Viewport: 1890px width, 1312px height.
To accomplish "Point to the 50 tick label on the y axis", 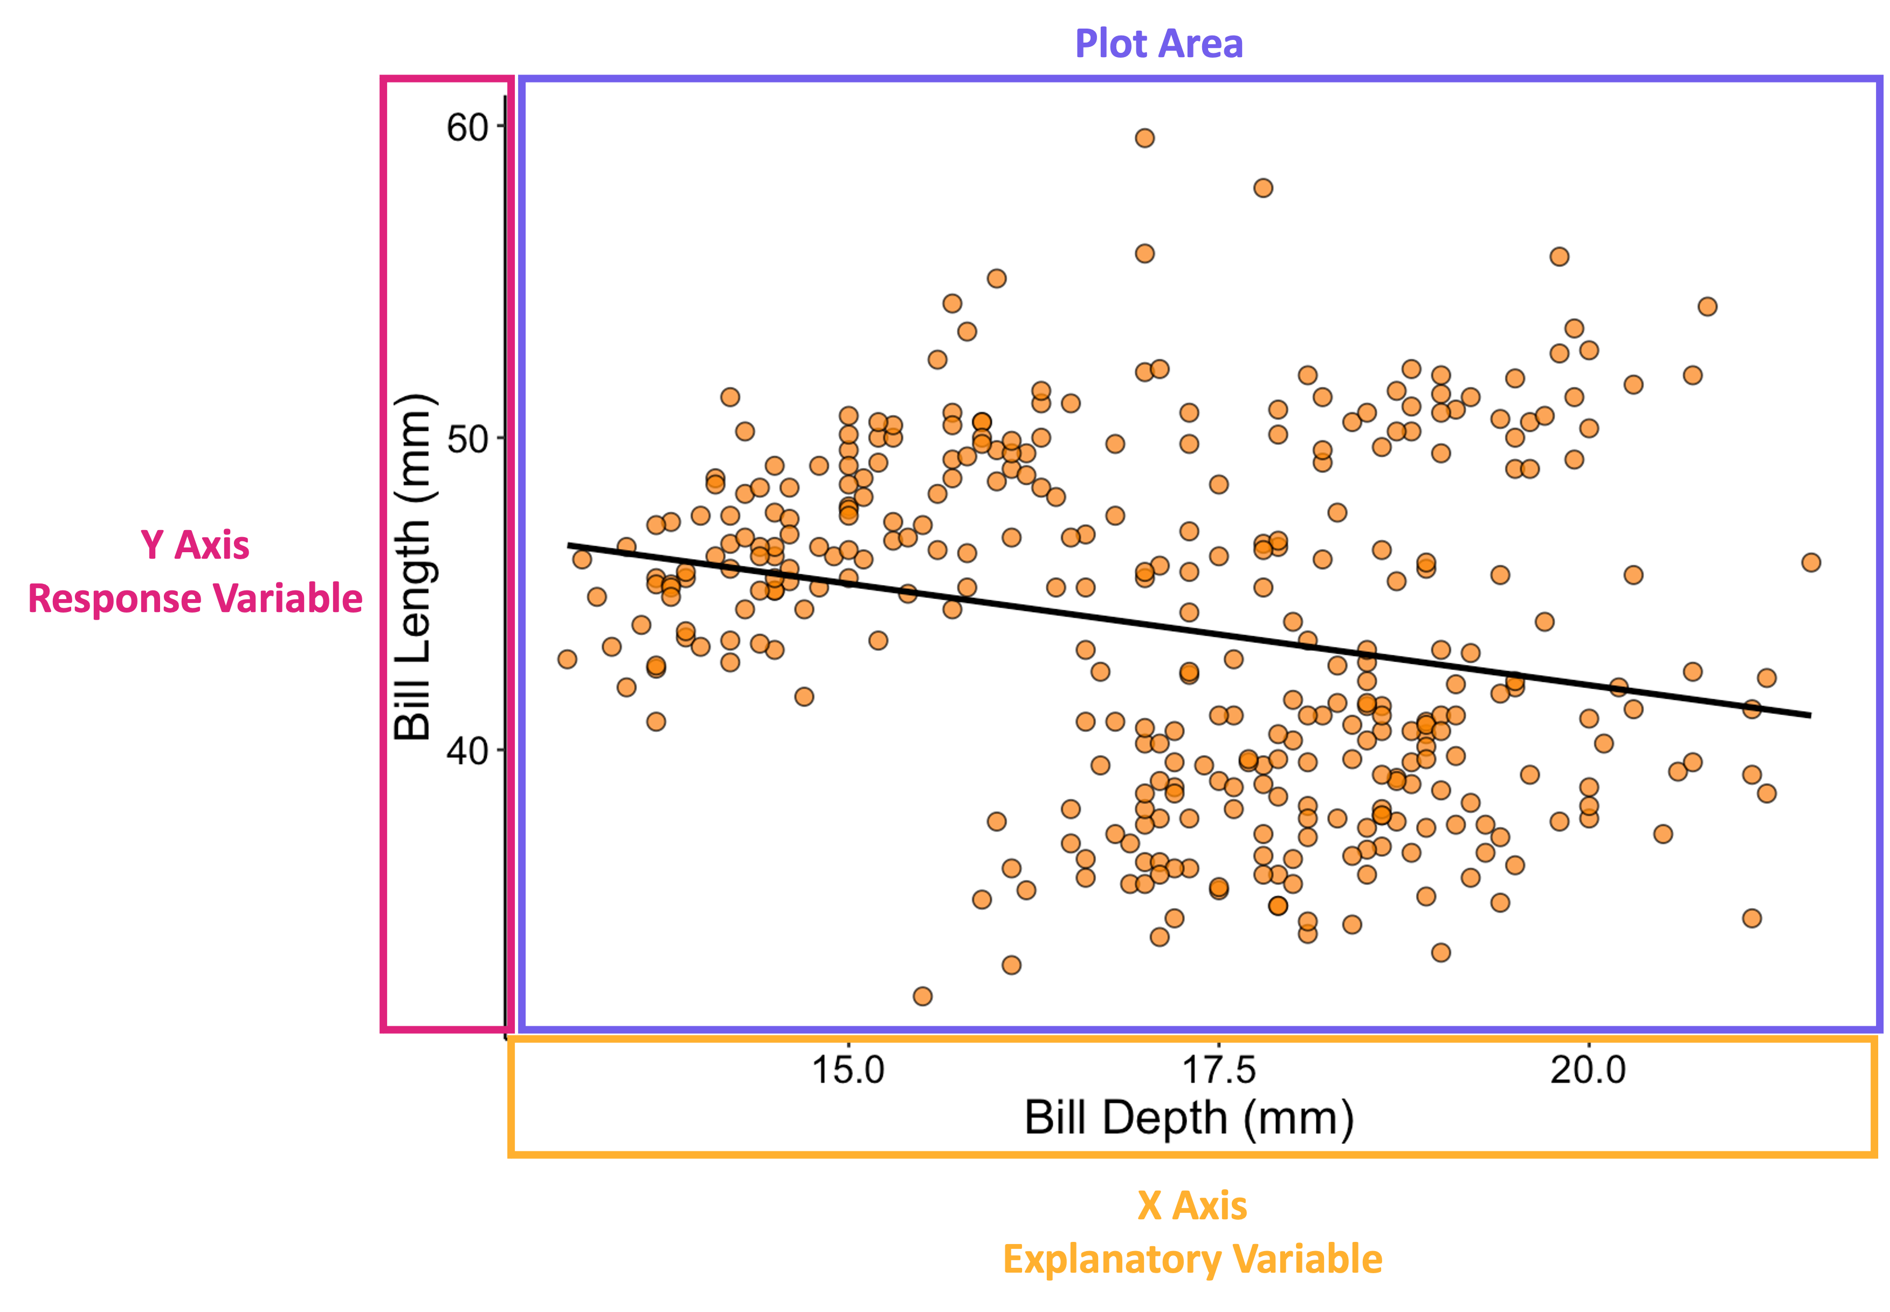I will coord(467,440).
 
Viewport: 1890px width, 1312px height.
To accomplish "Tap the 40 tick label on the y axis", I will coord(467,751).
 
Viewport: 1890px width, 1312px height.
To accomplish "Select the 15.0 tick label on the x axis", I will coord(848,1069).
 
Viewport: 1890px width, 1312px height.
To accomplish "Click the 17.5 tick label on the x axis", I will coord(1219,1069).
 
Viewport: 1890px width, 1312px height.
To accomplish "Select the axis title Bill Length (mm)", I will coord(413,567).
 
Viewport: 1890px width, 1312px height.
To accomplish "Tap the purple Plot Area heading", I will coord(1158,44).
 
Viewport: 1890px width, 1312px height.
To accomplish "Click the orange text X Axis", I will coord(1191,1205).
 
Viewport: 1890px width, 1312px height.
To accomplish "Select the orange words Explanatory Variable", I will coord(1191,1259).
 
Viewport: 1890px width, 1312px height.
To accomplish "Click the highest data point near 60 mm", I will coord(1144,138).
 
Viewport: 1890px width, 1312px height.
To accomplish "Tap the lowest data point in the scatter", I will coord(922,997).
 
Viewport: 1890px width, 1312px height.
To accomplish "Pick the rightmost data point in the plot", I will coord(1810,562).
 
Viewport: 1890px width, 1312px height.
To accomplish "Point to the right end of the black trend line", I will coord(1810,715).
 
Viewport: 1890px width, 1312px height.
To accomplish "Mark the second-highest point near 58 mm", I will coord(1263,188).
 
